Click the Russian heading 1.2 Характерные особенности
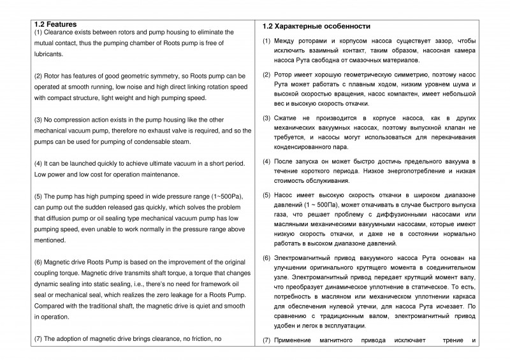(x=316, y=26)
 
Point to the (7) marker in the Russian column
(x=267, y=340)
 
